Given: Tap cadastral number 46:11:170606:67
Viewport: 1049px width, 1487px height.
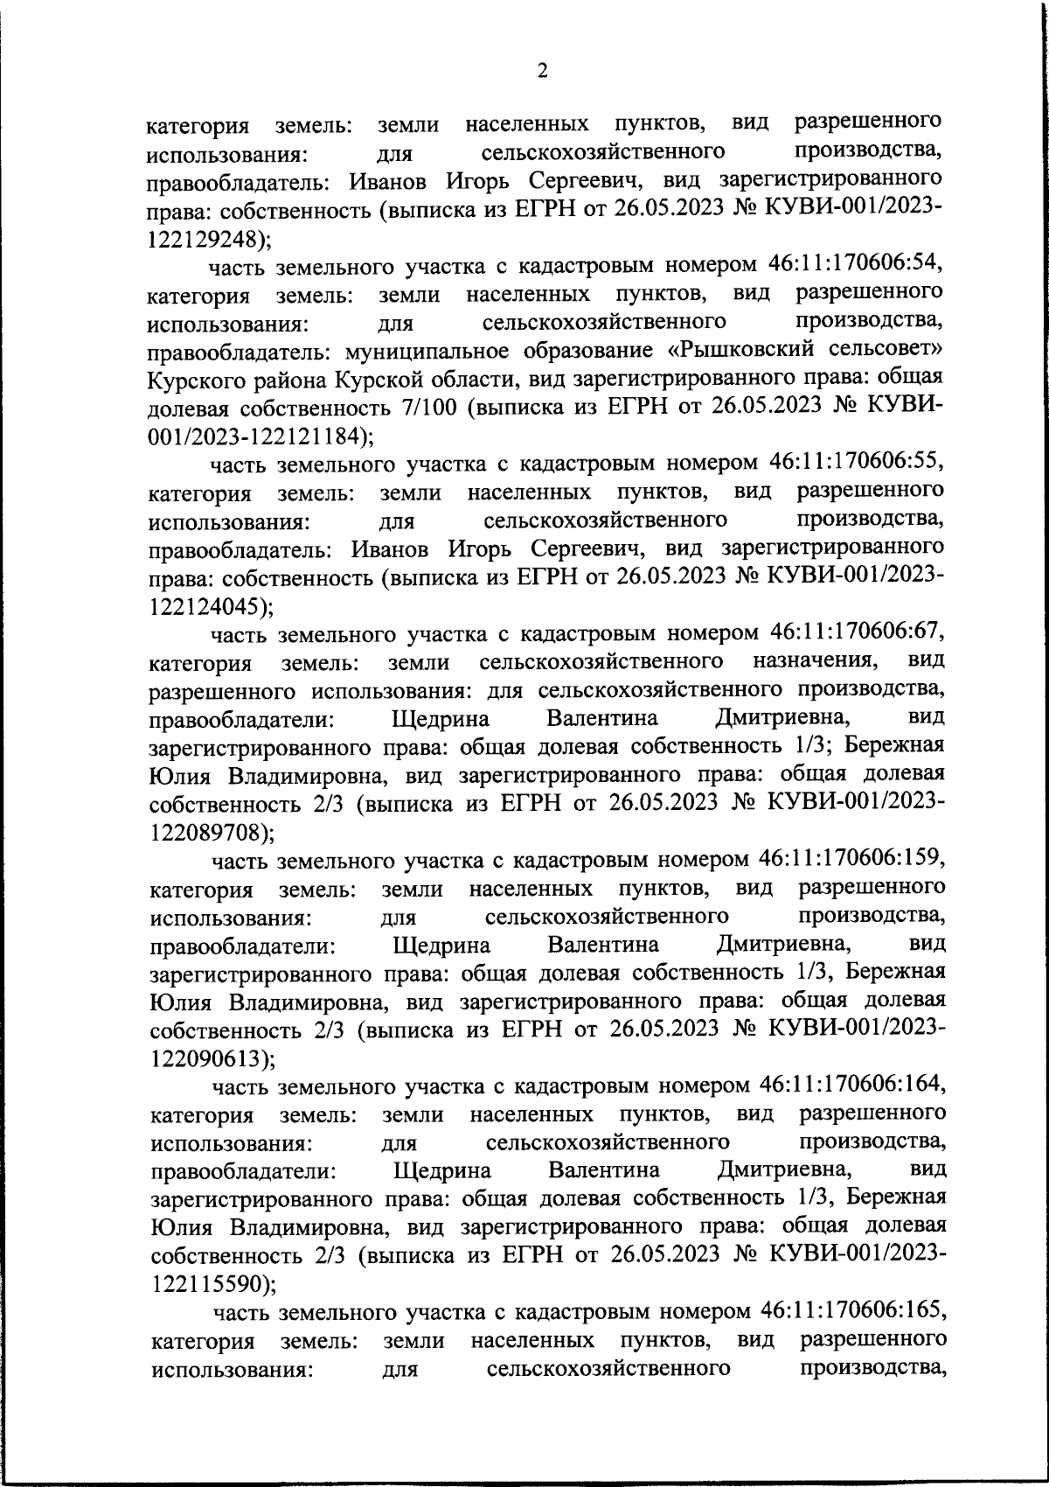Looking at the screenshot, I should coord(857,632).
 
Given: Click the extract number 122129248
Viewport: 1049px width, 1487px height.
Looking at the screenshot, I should coord(203,238).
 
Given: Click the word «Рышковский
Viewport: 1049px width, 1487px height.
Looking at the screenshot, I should coord(747,351).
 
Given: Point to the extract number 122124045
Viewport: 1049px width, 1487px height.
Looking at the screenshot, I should coord(204,605).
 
